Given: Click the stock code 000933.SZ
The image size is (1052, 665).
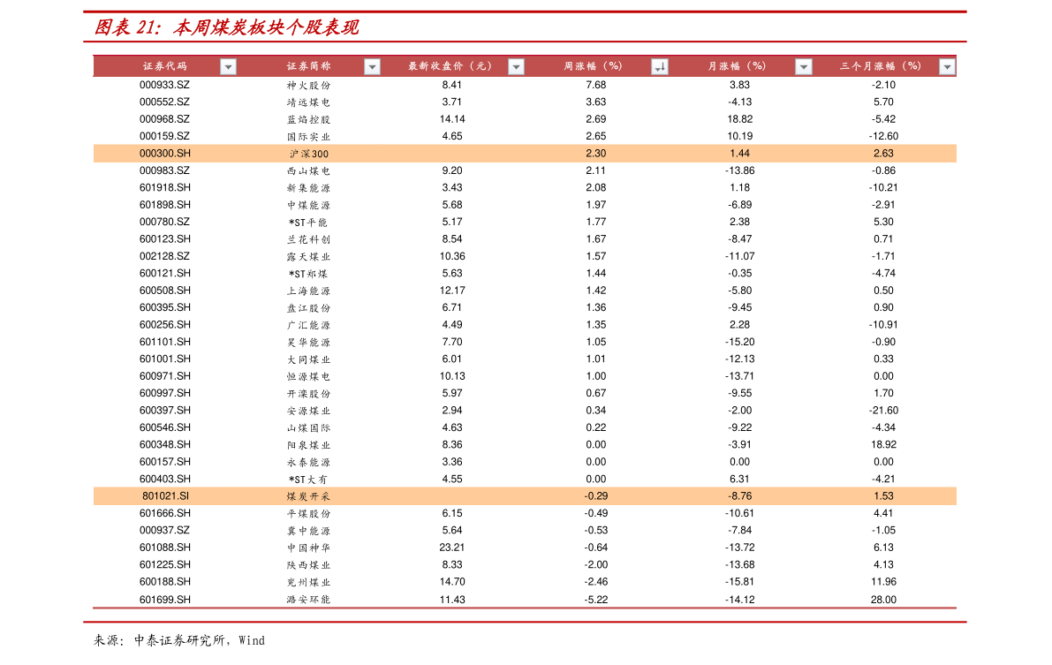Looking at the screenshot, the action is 164,85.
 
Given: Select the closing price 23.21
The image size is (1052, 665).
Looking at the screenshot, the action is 451,547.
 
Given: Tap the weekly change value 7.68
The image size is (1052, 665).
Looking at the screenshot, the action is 595,85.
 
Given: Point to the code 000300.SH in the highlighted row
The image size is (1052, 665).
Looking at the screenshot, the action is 165,153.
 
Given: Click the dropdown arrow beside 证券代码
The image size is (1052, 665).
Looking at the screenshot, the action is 228,66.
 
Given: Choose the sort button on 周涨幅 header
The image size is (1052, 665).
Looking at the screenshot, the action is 660,66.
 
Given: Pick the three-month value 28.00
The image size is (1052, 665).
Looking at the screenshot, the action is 883,600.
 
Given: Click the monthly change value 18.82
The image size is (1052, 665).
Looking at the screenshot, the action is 739,118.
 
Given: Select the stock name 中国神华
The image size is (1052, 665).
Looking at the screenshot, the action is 308,548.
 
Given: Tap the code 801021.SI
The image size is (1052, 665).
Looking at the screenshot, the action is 165,496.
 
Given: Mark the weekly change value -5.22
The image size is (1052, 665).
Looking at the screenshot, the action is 595,600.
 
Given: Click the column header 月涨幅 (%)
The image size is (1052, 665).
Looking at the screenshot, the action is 736,65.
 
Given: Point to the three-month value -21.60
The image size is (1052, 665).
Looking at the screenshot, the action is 883,410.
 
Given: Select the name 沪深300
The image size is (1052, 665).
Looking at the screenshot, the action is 308,154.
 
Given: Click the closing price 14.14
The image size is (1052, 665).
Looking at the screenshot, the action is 451,118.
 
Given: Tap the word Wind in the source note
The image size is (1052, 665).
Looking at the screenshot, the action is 252,640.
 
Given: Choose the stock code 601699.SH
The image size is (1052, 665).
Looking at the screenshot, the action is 165,600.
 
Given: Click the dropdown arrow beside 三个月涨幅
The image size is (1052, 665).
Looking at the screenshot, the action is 947,66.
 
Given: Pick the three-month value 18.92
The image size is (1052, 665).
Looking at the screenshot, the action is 883,444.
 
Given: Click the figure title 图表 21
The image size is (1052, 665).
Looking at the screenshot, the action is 127,26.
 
